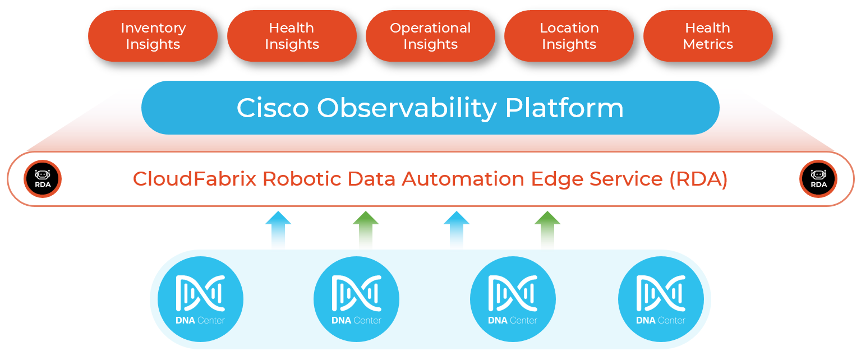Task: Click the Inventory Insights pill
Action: pyautogui.click(x=153, y=36)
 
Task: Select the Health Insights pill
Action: pyautogui.click(x=292, y=36)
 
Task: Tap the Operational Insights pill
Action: pyautogui.click(x=430, y=36)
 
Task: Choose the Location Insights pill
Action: pyautogui.click(x=569, y=36)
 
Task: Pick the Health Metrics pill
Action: pyautogui.click(x=708, y=36)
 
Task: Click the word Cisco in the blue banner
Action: pyautogui.click(x=272, y=108)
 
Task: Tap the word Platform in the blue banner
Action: pyautogui.click(x=564, y=108)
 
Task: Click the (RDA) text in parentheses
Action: pyautogui.click(x=698, y=179)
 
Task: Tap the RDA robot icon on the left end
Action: pyautogui.click(x=43, y=179)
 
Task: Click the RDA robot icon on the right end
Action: pyautogui.click(x=818, y=179)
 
